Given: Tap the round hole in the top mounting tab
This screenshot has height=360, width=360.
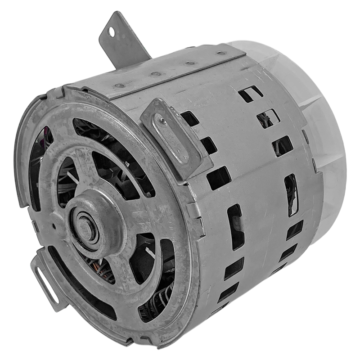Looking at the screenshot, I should [110, 32].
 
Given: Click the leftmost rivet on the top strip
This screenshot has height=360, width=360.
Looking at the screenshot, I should [119, 85].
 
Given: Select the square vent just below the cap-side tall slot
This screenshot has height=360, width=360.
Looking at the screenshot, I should [294, 230].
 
